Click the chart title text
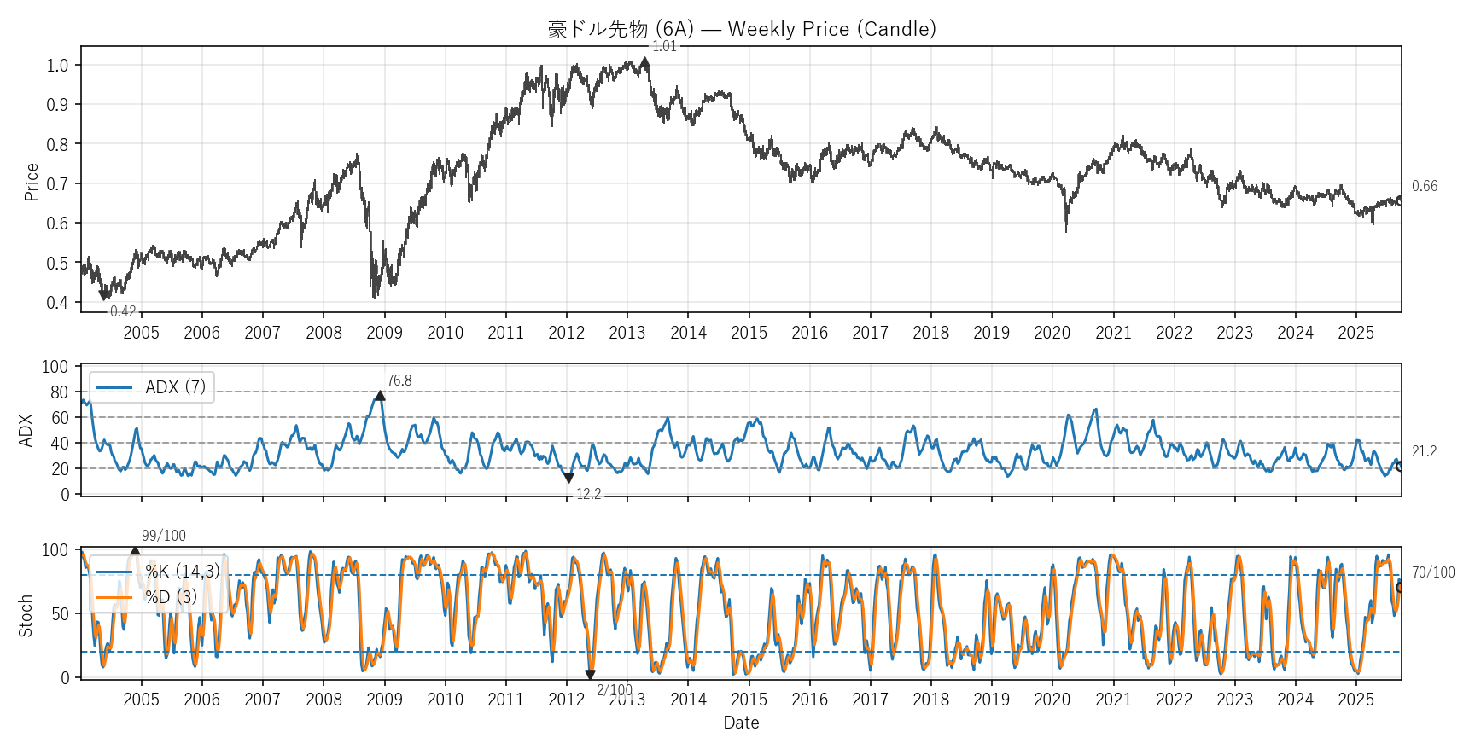(741, 29)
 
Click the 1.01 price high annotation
(664, 47)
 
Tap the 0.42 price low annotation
(123, 311)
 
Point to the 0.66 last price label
(1424, 186)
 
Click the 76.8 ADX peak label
(399, 380)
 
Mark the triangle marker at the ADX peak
(380, 395)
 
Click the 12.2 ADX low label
(588, 494)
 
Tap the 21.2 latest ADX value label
(1424, 451)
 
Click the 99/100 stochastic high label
(163, 536)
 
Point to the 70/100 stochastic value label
(1432, 572)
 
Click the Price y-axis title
(32, 182)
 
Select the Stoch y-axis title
(26, 615)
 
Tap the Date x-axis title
(741, 723)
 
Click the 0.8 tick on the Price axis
(57, 144)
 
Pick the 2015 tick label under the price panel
(749, 333)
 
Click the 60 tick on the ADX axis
(59, 417)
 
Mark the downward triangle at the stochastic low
(590, 675)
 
